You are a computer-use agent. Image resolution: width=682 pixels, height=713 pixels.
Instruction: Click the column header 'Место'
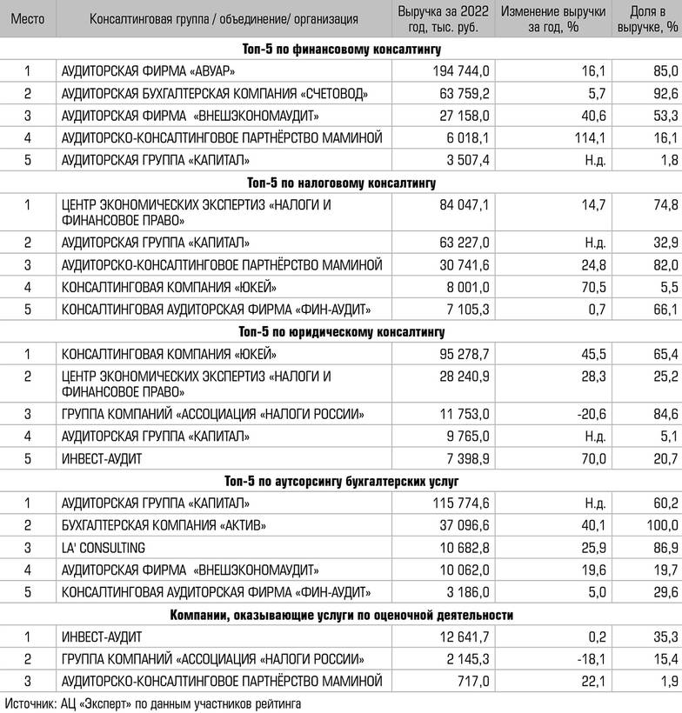[26, 17]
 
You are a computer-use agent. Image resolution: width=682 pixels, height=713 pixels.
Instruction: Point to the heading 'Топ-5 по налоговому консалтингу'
[341, 183]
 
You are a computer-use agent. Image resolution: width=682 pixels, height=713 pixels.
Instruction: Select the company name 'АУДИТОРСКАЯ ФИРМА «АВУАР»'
[149, 70]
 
